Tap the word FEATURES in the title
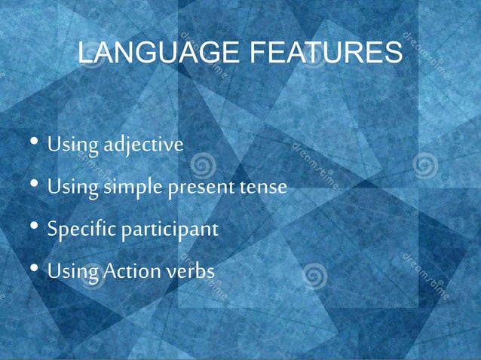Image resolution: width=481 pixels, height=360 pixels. click(326, 54)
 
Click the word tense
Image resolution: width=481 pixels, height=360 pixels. click(263, 186)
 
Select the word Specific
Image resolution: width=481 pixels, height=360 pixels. click(78, 228)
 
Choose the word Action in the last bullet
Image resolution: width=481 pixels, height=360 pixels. click(129, 270)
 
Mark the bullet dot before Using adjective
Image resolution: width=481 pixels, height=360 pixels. click(35, 143)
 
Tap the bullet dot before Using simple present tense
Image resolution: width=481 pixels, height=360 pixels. click(35, 185)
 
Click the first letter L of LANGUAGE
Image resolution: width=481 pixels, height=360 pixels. click(85, 54)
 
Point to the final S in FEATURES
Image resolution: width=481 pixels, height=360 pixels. click(393, 54)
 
